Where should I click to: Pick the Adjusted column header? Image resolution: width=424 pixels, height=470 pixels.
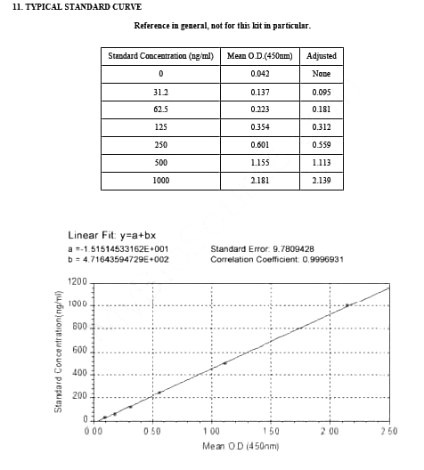[x=321, y=56]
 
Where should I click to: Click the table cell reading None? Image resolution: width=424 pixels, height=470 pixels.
[x=321, y=74]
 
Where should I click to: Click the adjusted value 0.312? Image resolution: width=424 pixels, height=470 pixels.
[x=321, y=127]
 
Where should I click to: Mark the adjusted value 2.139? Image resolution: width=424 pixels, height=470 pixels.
[x=321, y=181]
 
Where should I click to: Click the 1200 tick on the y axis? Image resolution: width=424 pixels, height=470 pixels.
[x=77, y=283]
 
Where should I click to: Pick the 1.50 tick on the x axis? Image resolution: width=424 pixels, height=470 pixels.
[x=270, y=431]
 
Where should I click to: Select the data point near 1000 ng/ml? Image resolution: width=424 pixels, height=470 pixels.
[x=347, y=305]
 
